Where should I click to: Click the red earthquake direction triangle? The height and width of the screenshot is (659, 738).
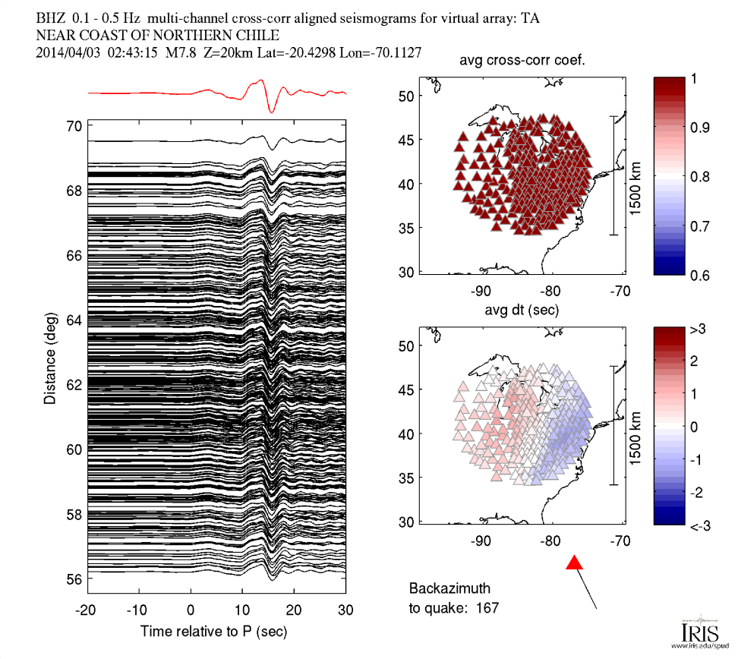coord(575,563)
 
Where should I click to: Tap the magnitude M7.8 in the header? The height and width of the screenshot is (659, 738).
coord(194,53)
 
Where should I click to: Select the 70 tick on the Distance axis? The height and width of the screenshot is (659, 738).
coord(74,126)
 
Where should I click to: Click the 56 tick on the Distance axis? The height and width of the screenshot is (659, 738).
coord(74,579)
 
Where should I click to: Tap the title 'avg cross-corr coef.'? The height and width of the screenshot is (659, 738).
coord(522,61)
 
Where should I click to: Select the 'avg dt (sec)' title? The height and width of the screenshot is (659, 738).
coord(522,310)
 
